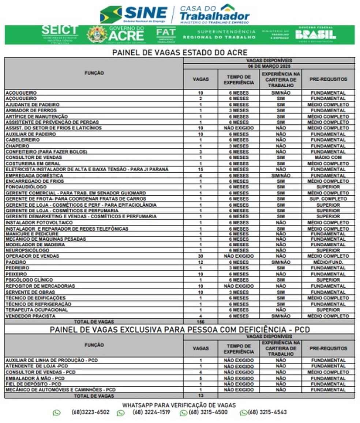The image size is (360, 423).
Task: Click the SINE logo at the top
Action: [134, 14]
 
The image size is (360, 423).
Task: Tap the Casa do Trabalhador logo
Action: [214, 14]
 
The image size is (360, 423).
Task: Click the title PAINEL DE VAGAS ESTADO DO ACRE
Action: [180, 52]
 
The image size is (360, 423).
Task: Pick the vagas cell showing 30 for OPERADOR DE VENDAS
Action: [200, 256]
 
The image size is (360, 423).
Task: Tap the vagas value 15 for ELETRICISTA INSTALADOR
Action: [200, 170]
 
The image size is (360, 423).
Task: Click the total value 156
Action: [200, 322]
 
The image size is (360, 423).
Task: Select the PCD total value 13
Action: [200, 396]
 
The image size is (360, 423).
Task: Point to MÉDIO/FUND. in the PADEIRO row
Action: [328, 263]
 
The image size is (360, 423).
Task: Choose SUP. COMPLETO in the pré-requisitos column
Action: [328, 199]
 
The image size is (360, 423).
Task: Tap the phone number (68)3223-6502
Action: [90, 412]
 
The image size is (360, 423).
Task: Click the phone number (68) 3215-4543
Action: [267, 412]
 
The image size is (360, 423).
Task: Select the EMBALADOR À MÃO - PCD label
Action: [35, 378]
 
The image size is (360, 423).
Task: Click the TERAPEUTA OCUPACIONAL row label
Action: [37, 310]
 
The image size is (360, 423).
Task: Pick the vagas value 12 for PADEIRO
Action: [200, 263]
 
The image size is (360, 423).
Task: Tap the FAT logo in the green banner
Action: [166, 34]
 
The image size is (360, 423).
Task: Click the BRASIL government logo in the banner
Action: [315, 34]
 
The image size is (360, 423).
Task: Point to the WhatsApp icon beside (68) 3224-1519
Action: [121, 413]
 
